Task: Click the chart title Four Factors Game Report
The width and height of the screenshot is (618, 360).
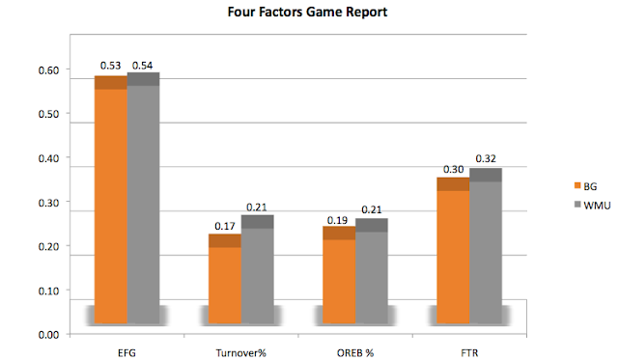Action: click(307, 12)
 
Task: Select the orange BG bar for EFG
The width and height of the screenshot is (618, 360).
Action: click(111, 200)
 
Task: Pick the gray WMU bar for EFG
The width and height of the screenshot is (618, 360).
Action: click(144, 198)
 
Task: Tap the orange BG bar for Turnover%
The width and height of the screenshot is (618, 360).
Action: click(225, 279)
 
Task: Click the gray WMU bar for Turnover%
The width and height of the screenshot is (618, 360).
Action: click(258, 269)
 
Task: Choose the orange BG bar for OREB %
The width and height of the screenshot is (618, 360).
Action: click(339, 275)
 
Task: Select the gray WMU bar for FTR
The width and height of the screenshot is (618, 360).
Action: click(486, 246)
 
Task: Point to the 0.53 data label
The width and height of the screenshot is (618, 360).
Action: click(110, 66)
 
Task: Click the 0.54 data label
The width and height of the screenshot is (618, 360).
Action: click(142, 66)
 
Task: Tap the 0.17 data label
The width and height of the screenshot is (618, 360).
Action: click(225, 226)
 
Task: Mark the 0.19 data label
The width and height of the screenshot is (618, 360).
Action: click(337, 220)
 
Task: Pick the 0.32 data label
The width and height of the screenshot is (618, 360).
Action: click(486, 158)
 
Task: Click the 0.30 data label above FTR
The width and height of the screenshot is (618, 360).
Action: click(453, 169)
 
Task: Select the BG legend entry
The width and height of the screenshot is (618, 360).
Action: click(586, 186)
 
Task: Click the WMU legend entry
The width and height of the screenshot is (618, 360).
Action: click(592, 206)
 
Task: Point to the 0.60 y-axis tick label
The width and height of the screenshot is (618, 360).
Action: click(48, 70)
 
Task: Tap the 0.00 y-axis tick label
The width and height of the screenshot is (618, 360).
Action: click(48, 335)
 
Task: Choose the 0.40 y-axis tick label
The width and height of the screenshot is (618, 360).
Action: click(48, 158)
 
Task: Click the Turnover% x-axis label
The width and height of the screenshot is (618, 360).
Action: click(240, 353)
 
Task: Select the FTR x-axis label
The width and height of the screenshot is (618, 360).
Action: click(469, 353)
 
